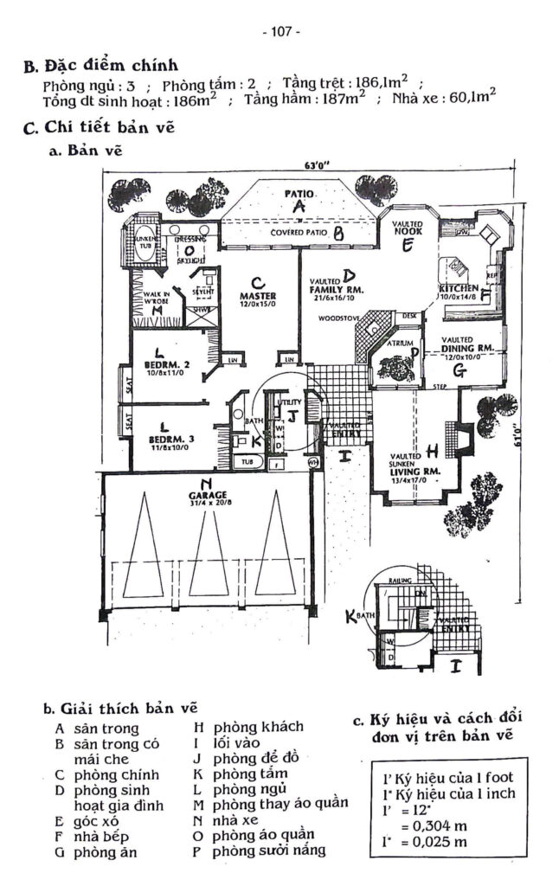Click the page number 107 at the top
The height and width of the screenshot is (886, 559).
click(279, 32)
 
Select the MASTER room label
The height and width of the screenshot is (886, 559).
click(257, 296)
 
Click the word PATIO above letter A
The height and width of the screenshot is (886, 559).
click(299, 194)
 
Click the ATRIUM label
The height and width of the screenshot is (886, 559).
click(400, 343)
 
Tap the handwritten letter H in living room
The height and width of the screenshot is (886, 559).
click(432, 449)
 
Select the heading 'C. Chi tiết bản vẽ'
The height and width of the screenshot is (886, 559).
click(100, 128)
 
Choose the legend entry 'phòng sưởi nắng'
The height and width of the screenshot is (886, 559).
click(270, 850)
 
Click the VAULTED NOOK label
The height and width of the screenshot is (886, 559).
click(407, 228)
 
